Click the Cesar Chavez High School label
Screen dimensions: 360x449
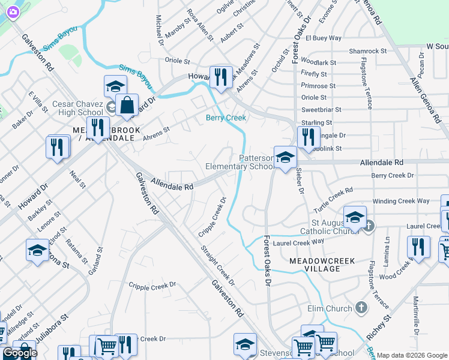pyautogui.click(x=77, y=108)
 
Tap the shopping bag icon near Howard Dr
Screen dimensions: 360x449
pyautogui.click(x=128, y=106)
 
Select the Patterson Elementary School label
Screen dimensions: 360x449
pyautogui.click(x=240, y=162)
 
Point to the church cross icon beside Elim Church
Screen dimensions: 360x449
pyautogui.click(x=361, y=308)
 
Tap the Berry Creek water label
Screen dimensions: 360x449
pyautogui.click(x=226, y=118)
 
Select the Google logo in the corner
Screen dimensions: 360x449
pyautogui.click(x=19, y=353)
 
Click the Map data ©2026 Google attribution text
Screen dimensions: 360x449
pyautogui.click(x=412, y=355)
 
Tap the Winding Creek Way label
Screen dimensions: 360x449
pyautogui.click(x=402, y=201)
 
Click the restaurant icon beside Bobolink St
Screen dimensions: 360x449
pyautogui.click(x=307, y=137)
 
